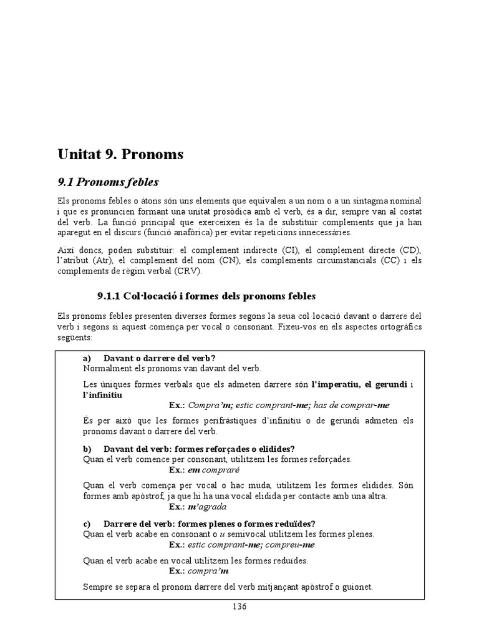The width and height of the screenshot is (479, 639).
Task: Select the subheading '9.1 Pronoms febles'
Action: pyautogui.click(x=108, y=182)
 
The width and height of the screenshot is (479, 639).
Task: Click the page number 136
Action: pyautogui.click(x=239, y=607)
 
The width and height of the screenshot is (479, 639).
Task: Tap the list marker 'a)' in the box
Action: pyautogui.click(x=87, y=358)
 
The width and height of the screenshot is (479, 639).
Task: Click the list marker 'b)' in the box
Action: pyautogui.click(x=87, y=449)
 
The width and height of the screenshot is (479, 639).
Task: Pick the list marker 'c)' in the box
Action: pyautogui.click(x=87, y=523)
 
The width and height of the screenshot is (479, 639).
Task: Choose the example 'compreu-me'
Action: pyautogui.click(x=292, y=544)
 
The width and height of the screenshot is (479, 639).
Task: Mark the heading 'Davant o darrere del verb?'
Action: pyautogui.click(x=159, y=358)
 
